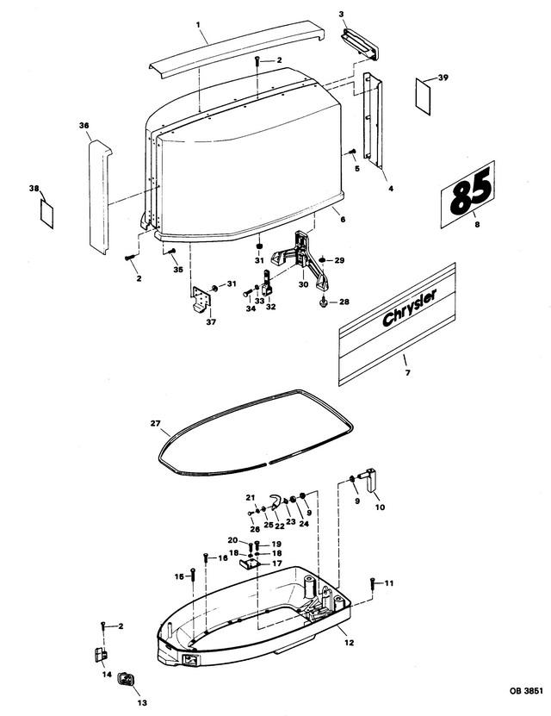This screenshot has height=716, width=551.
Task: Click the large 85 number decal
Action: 468,195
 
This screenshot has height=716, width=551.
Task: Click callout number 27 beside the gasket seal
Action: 156,423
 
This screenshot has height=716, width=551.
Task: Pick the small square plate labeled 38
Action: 48,209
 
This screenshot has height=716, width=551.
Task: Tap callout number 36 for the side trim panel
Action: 84,126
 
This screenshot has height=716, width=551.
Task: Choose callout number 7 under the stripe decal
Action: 407,372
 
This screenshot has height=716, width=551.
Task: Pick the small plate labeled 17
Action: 251,562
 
